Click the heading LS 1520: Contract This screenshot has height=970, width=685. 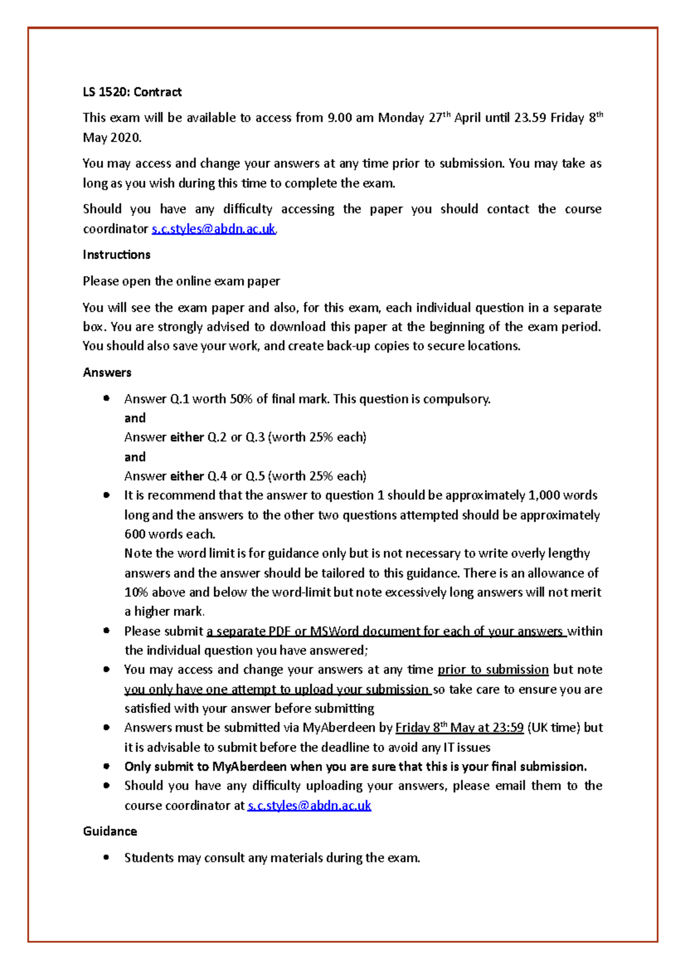132,92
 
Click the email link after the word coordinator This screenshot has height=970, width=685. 213,229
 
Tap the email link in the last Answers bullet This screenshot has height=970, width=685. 309,805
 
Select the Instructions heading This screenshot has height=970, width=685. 116,255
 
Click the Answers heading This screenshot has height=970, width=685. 107,372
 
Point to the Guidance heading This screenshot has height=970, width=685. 110,831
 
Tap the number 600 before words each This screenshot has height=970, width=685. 135,534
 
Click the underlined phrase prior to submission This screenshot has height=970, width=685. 493,670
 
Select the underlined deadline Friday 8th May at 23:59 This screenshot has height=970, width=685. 459,728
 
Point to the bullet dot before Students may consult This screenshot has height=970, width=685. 106,857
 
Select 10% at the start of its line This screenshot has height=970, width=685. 136,592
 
